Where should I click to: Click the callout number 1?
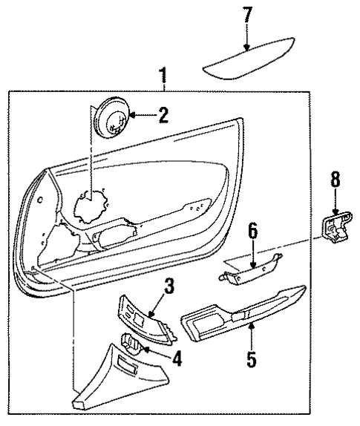163,76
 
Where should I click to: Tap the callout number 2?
163,115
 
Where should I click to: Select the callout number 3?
170,286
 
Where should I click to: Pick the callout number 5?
251,360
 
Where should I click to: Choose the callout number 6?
252,232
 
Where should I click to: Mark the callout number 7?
247,15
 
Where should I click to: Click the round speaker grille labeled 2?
113,117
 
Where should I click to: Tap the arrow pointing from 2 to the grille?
139,116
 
